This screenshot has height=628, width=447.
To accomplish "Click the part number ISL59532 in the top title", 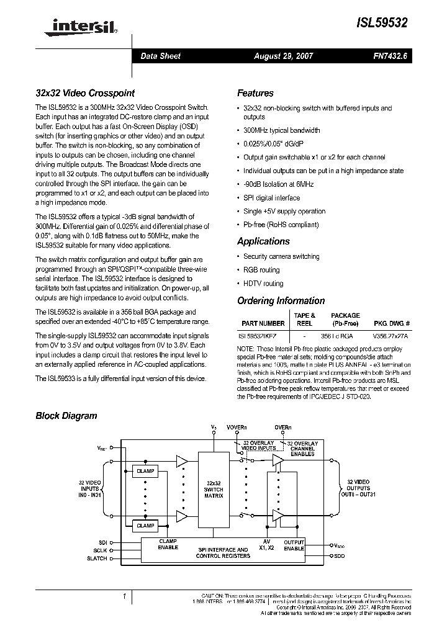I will [382, 23].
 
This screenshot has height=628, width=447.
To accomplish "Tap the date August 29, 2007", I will [284, 56].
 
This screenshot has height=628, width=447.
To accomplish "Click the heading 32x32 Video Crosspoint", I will [84, 94].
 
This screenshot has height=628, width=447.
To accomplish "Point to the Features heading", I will [255, 94].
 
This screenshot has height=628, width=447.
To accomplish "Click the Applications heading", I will [263, 241].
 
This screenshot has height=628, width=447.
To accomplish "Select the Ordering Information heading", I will [281, 301].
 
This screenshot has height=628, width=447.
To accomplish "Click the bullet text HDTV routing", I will [263, 284].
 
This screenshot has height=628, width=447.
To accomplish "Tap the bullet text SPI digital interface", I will [271, 198].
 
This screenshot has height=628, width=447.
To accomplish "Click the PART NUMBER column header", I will [263, 323].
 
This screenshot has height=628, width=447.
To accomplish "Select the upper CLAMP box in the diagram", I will [145, 472].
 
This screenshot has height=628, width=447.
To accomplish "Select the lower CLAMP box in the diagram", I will [145, 526].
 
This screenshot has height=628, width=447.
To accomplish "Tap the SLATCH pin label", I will [97, 558].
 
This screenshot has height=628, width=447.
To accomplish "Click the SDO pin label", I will [339, 556].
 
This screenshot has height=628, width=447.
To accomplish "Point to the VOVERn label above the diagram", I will [237, 428].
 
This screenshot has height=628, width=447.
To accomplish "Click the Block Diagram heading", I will [66, 416].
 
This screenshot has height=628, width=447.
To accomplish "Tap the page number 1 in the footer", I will [125, 596].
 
